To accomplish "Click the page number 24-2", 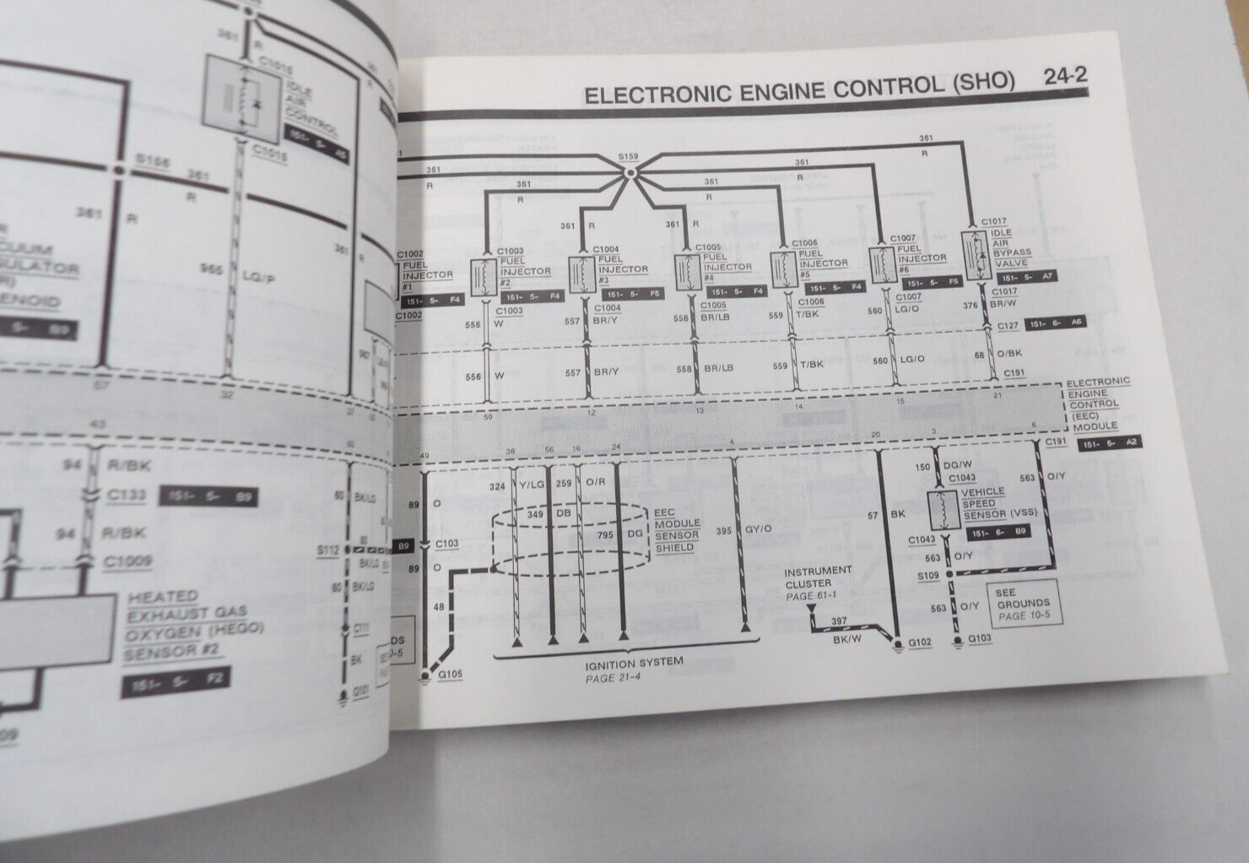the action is point(1065,77).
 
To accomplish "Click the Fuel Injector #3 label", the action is point(623,265).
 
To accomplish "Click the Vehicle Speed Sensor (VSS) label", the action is point(984,502).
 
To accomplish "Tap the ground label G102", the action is point(919,643).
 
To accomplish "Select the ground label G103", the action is point(980,638).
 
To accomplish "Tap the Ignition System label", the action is point(633,662).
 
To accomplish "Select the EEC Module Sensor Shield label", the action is point(678,530).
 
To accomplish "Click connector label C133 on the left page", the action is point(126,496).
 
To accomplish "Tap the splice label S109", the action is point(927,575).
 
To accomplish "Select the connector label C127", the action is point(1007,325).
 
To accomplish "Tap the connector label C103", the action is point(446,544).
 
